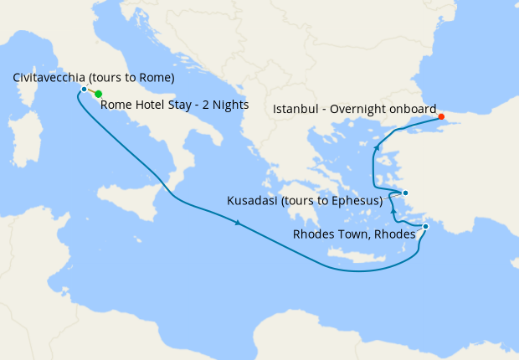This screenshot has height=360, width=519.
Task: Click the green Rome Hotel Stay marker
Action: pyautogui.click(x=99, y=94)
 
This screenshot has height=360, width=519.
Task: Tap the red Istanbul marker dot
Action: pyautogui.click(x=441, y=116)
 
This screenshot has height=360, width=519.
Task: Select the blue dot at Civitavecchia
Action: pyautogui.click(x=84, y=89)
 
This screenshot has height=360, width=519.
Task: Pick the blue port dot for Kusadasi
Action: pyautogui.click(x=405, y=193)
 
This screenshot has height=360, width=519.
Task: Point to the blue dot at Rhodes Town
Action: pyautogui.click(x=425, y=226)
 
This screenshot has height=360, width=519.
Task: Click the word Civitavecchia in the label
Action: pyautogui.click(x=52, y=78)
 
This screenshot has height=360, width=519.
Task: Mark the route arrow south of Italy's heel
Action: pyautogui.click(x=239, y=223)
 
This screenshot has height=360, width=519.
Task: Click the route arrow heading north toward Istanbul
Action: pyautogui.click(x=378, y=147)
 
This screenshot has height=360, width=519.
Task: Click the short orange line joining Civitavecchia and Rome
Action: pyautogui.click(x=91, y=91)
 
